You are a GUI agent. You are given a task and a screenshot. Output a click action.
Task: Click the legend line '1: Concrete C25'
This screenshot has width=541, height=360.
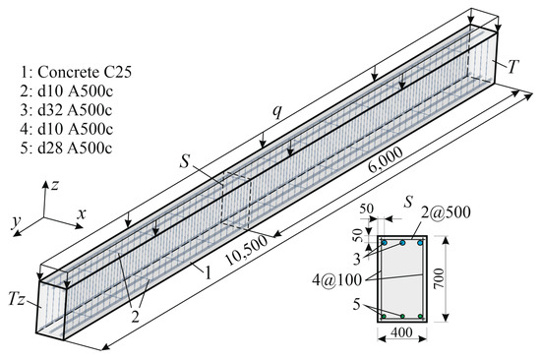tap(76, 73)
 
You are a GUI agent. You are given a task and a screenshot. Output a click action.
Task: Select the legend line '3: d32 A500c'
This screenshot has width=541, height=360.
tap(66, 110)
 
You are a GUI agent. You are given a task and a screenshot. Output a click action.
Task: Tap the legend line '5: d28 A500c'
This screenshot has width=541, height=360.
tap(66, 149)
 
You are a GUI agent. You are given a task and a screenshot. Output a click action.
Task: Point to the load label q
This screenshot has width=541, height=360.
tap(277, 111)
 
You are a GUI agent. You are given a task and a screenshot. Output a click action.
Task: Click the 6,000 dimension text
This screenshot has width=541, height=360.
tap(386, 159)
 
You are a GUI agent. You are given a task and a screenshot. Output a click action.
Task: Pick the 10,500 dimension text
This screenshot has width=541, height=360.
tap(246, 250)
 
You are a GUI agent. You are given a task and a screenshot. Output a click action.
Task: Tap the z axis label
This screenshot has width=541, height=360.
tap(54, 186)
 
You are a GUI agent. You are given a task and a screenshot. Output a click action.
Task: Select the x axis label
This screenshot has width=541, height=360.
tap(81, 214)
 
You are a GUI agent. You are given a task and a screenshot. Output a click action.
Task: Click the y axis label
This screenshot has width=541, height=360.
tap(16, 223)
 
